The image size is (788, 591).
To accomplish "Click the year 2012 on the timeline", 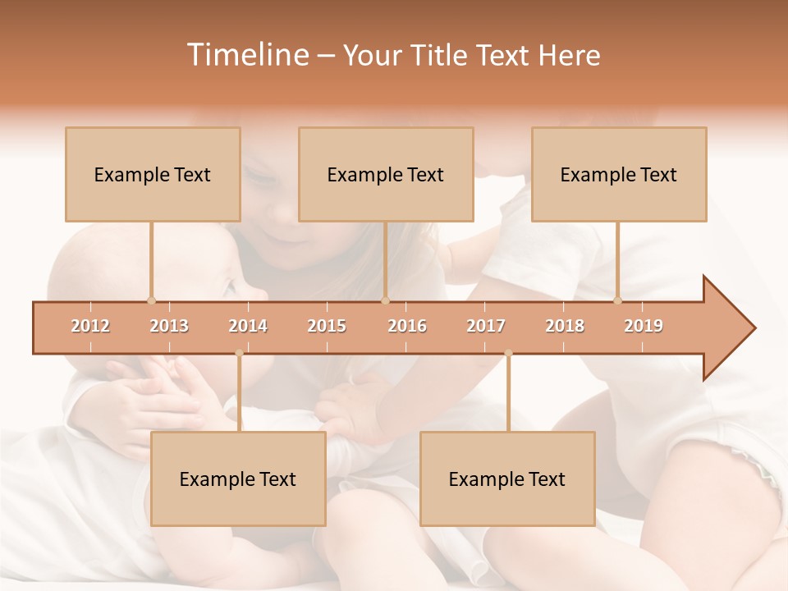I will [90, 326].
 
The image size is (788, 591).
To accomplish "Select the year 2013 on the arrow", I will [169, 326].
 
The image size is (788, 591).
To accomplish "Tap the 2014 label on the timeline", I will [248, 326].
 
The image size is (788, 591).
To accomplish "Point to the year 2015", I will [327, 326].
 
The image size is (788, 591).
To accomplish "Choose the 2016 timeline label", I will [407, 326].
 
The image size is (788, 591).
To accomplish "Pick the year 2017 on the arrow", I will [486, 326].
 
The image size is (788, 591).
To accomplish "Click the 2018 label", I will [565, 326].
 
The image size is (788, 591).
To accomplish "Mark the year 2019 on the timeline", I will [644, 326].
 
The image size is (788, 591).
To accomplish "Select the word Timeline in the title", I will [246, 55].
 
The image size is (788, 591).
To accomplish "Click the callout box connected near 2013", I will [153, 174].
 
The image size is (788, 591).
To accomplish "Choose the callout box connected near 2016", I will [386, 174].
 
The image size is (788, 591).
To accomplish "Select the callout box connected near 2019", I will [619, 174].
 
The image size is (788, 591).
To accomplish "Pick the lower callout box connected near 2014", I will [238, 479].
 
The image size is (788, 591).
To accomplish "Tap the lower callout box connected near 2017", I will [507, 479].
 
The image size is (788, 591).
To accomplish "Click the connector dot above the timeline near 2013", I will [151, 300].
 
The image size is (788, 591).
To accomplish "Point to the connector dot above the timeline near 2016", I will [386, 300].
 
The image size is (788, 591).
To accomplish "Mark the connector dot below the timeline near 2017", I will [508, 354].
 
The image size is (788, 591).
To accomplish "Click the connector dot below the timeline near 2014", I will [239, 354].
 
